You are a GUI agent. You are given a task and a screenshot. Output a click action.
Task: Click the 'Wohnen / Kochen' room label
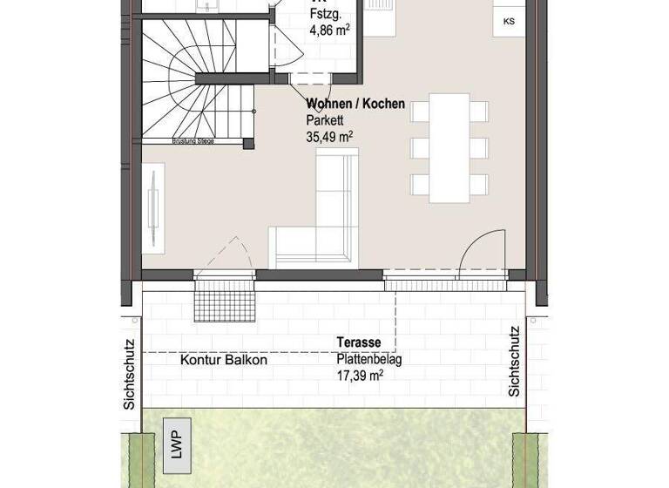pos(355,104)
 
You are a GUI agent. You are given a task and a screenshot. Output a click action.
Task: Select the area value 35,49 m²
pos(329,136)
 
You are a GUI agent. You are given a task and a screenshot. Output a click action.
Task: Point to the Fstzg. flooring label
pos(323,14)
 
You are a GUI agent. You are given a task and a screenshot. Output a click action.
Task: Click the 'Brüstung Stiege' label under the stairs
pos(193,141)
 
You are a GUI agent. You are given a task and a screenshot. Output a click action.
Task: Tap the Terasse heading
pos(361,343)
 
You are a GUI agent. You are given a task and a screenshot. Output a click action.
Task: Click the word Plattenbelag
pos(369,359)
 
